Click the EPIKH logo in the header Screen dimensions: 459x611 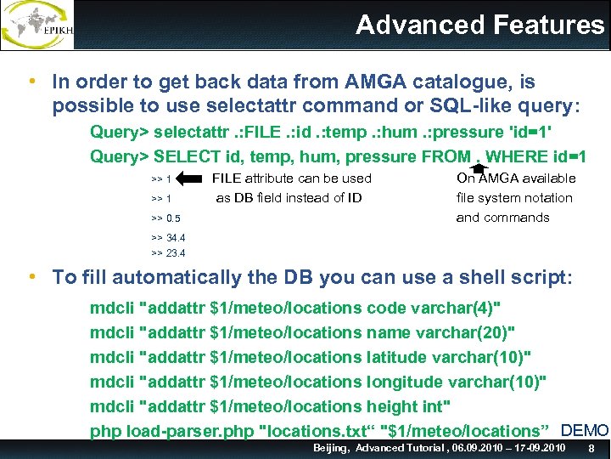tap(37, 25)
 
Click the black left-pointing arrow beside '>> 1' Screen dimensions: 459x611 tap(191, 178)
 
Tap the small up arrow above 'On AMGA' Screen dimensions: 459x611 tap(478, 168)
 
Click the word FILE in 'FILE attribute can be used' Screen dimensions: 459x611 tap(226, 178)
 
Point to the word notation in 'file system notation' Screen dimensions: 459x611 tap(543, 198)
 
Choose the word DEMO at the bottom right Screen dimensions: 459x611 tap(585, 431)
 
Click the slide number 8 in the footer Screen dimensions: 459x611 tap(591, 448)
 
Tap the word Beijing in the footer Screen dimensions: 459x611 tap(331, 448)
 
